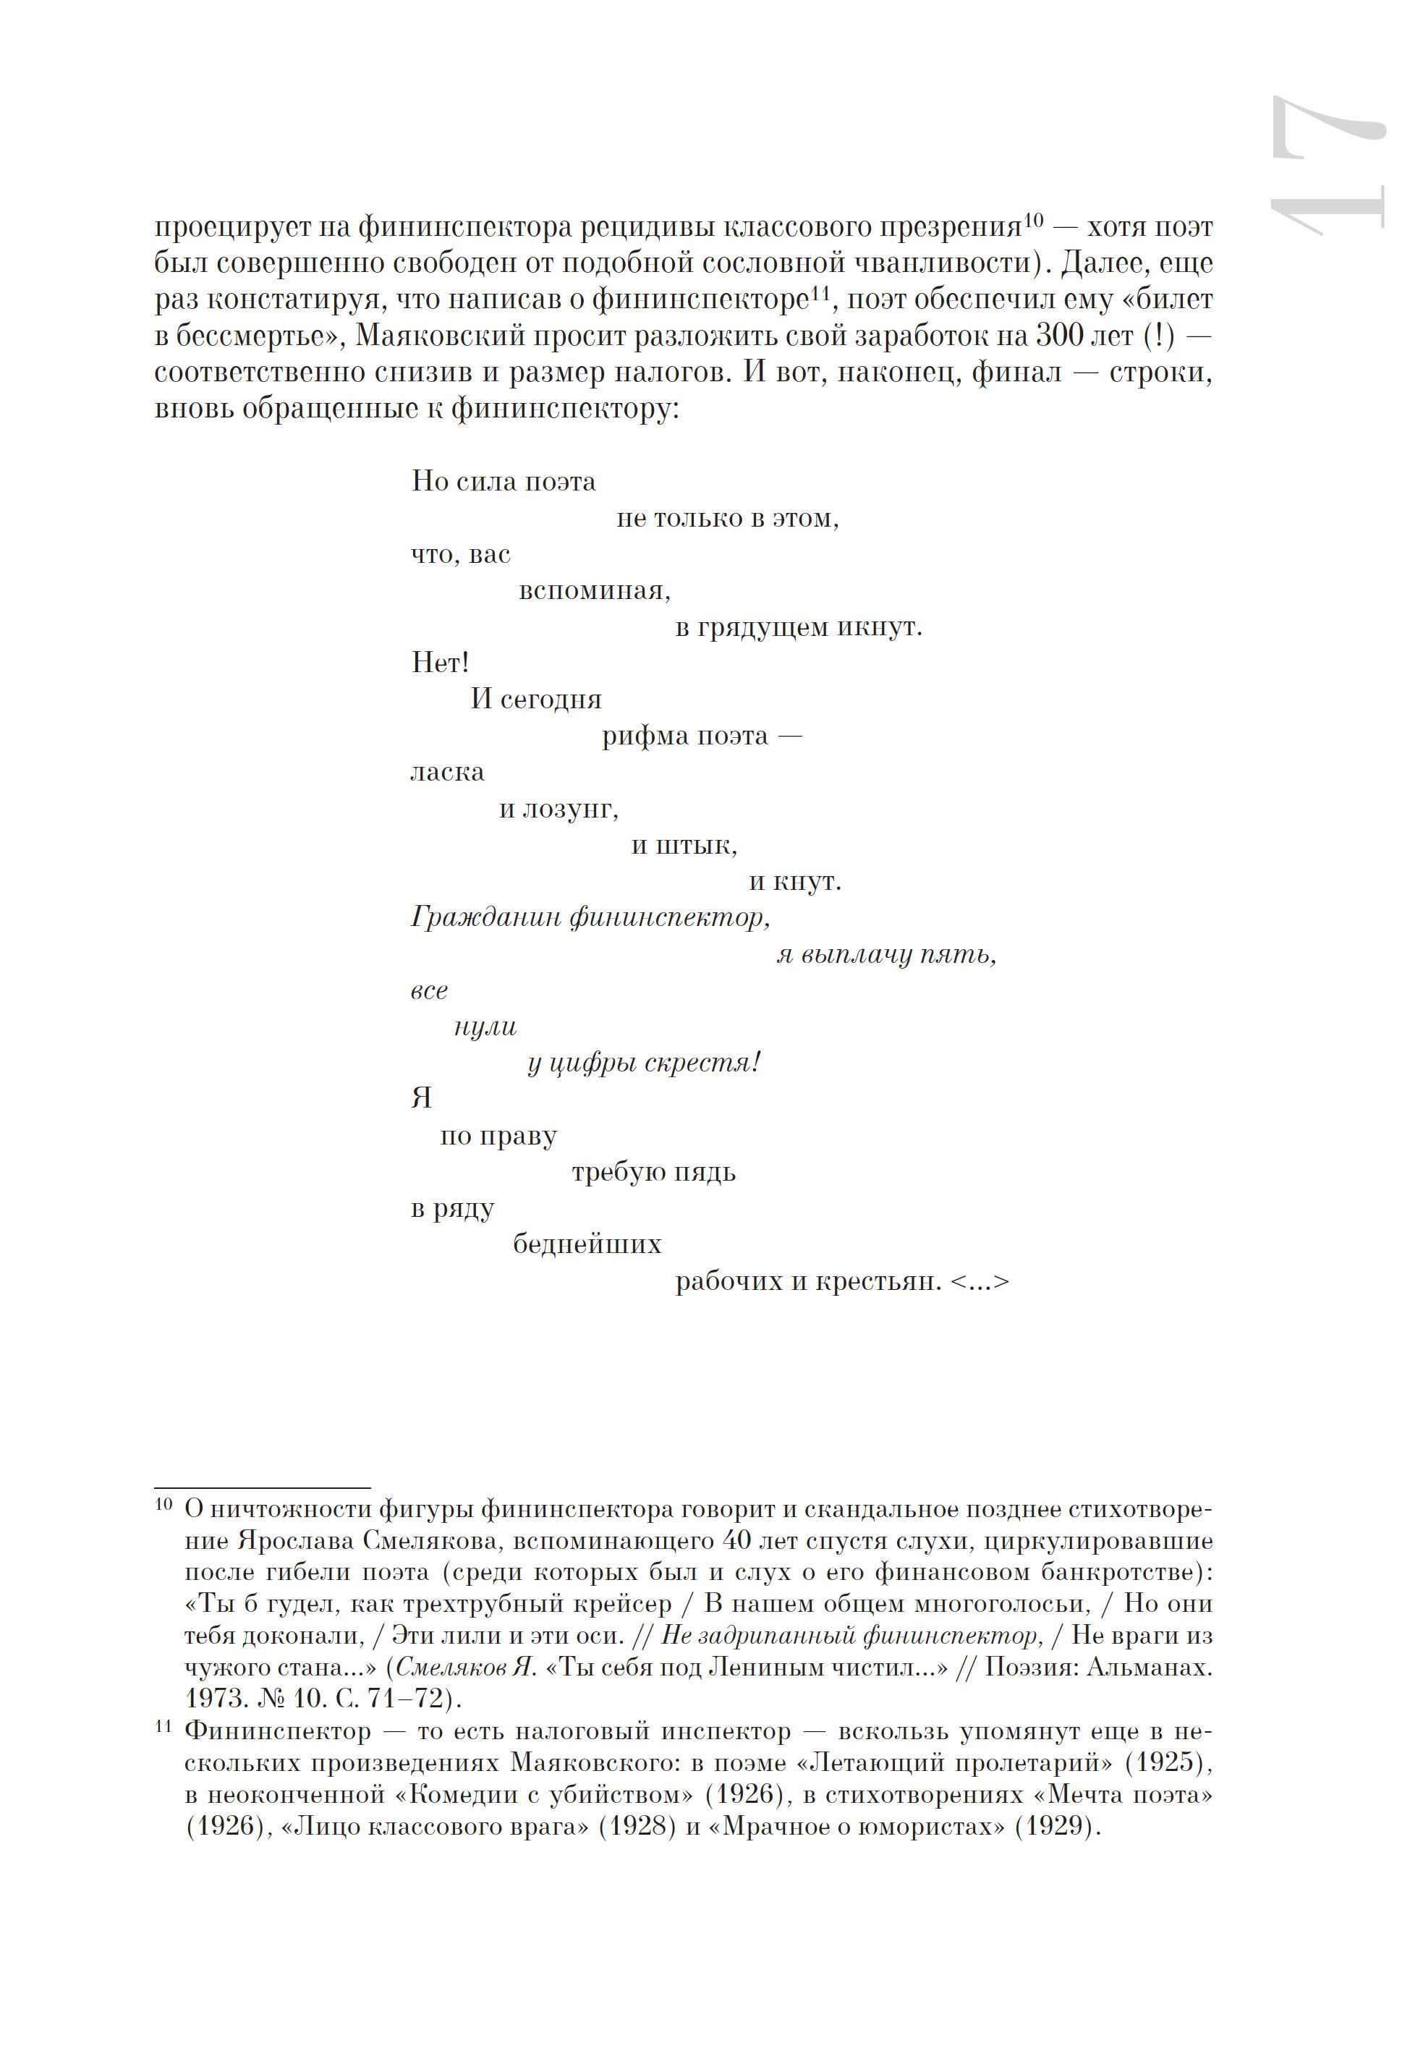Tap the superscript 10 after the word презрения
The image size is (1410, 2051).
click(1033, 220)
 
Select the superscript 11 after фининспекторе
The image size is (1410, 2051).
click(823, 292)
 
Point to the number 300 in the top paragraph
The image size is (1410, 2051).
click(1058, 336)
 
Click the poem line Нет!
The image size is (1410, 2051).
click(440, 663)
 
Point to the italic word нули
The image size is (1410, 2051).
click(485, 1027)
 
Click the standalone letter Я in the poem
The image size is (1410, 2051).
click(422, 1099)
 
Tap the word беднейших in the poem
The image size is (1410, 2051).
click(587, 1244)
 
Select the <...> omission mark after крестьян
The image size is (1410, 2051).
click(979, 1282)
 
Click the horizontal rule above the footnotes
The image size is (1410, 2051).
click(263, 1488)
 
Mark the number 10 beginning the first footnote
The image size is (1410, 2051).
click(163, 1504)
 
